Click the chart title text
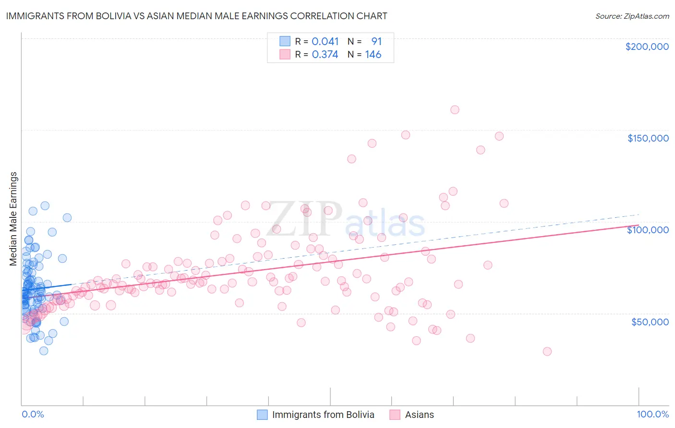click(196, 16)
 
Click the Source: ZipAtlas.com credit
click(632, 16)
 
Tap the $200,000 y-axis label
click(647, 47)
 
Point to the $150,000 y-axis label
click(648, 138)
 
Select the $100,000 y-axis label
click(648, 230)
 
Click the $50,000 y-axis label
click(650, 321)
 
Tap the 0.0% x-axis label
click(33, 414)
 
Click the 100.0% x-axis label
click(652, 414)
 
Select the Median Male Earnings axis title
click(13, 219)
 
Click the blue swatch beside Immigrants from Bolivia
click(262, 415)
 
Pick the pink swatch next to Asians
click(395, 415)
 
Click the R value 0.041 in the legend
click(325, 42)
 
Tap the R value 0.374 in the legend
click(325, 55)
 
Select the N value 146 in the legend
click(373, 55)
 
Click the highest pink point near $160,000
click(455, 110)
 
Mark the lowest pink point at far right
click(547, 351)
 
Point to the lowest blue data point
click(44, 351)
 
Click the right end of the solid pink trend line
click(639, 225)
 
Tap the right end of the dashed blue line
click(639, 214)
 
